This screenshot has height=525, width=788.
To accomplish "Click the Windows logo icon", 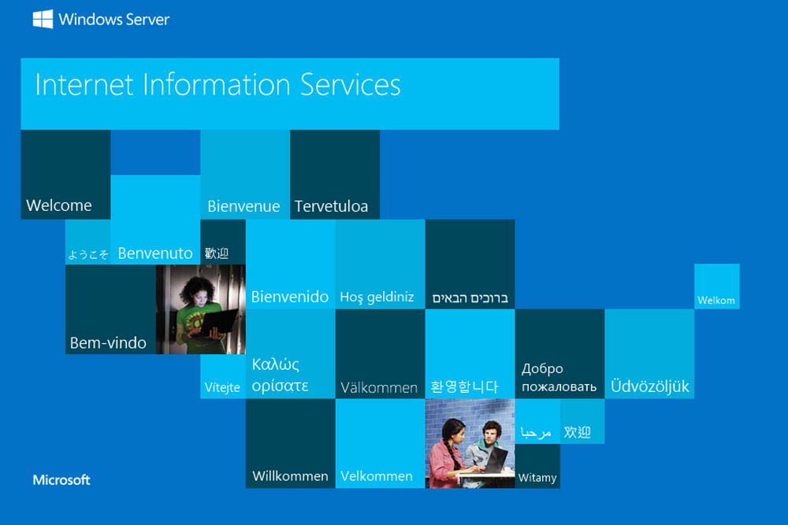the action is pyautogui.click(x=43, y=19).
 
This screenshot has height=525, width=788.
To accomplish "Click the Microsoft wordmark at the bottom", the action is pyautogui.click(x=61, y=480).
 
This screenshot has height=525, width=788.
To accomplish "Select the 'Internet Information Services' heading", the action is pyautogui.click(x=217, y=83).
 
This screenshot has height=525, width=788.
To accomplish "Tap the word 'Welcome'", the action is pyautogui.click(x=59, y=205).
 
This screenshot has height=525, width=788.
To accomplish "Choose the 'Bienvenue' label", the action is pyautogui.click(x=243, y=206).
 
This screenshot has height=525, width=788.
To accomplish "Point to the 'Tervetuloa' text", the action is pyautogui.click(x=331, y=206).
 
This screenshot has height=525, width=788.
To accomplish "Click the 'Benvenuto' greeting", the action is pyautogui.click(x=155, y=253).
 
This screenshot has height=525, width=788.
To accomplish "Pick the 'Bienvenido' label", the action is pyautogui.click(x=290, y=297).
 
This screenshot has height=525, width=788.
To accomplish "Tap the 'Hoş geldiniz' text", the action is pyautogui.click(x=377, y=298).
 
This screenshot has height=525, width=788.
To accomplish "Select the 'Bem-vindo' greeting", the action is pyautogui.click(x=108, y=343).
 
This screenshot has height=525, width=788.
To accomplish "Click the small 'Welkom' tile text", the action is pyautogui.click(x=716, y=301).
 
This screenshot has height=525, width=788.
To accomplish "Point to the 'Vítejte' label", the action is pyautogui.click(x=222, y=387).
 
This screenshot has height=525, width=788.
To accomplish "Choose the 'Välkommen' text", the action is pyautogui.click(x=379, y=387).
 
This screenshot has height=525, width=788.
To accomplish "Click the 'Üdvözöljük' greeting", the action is pyautogui.click(x=650, y=386).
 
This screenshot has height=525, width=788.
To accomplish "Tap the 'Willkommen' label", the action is pyautogui.click(x=290, y=476).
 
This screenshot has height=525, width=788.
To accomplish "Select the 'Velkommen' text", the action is pyautogui.click(x=377, y=476).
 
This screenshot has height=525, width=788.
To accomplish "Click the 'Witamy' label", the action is pyautogui.click(x=537, y=478).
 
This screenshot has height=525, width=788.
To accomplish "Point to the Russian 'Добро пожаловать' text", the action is pyautogui.click(x=559, y=378).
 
